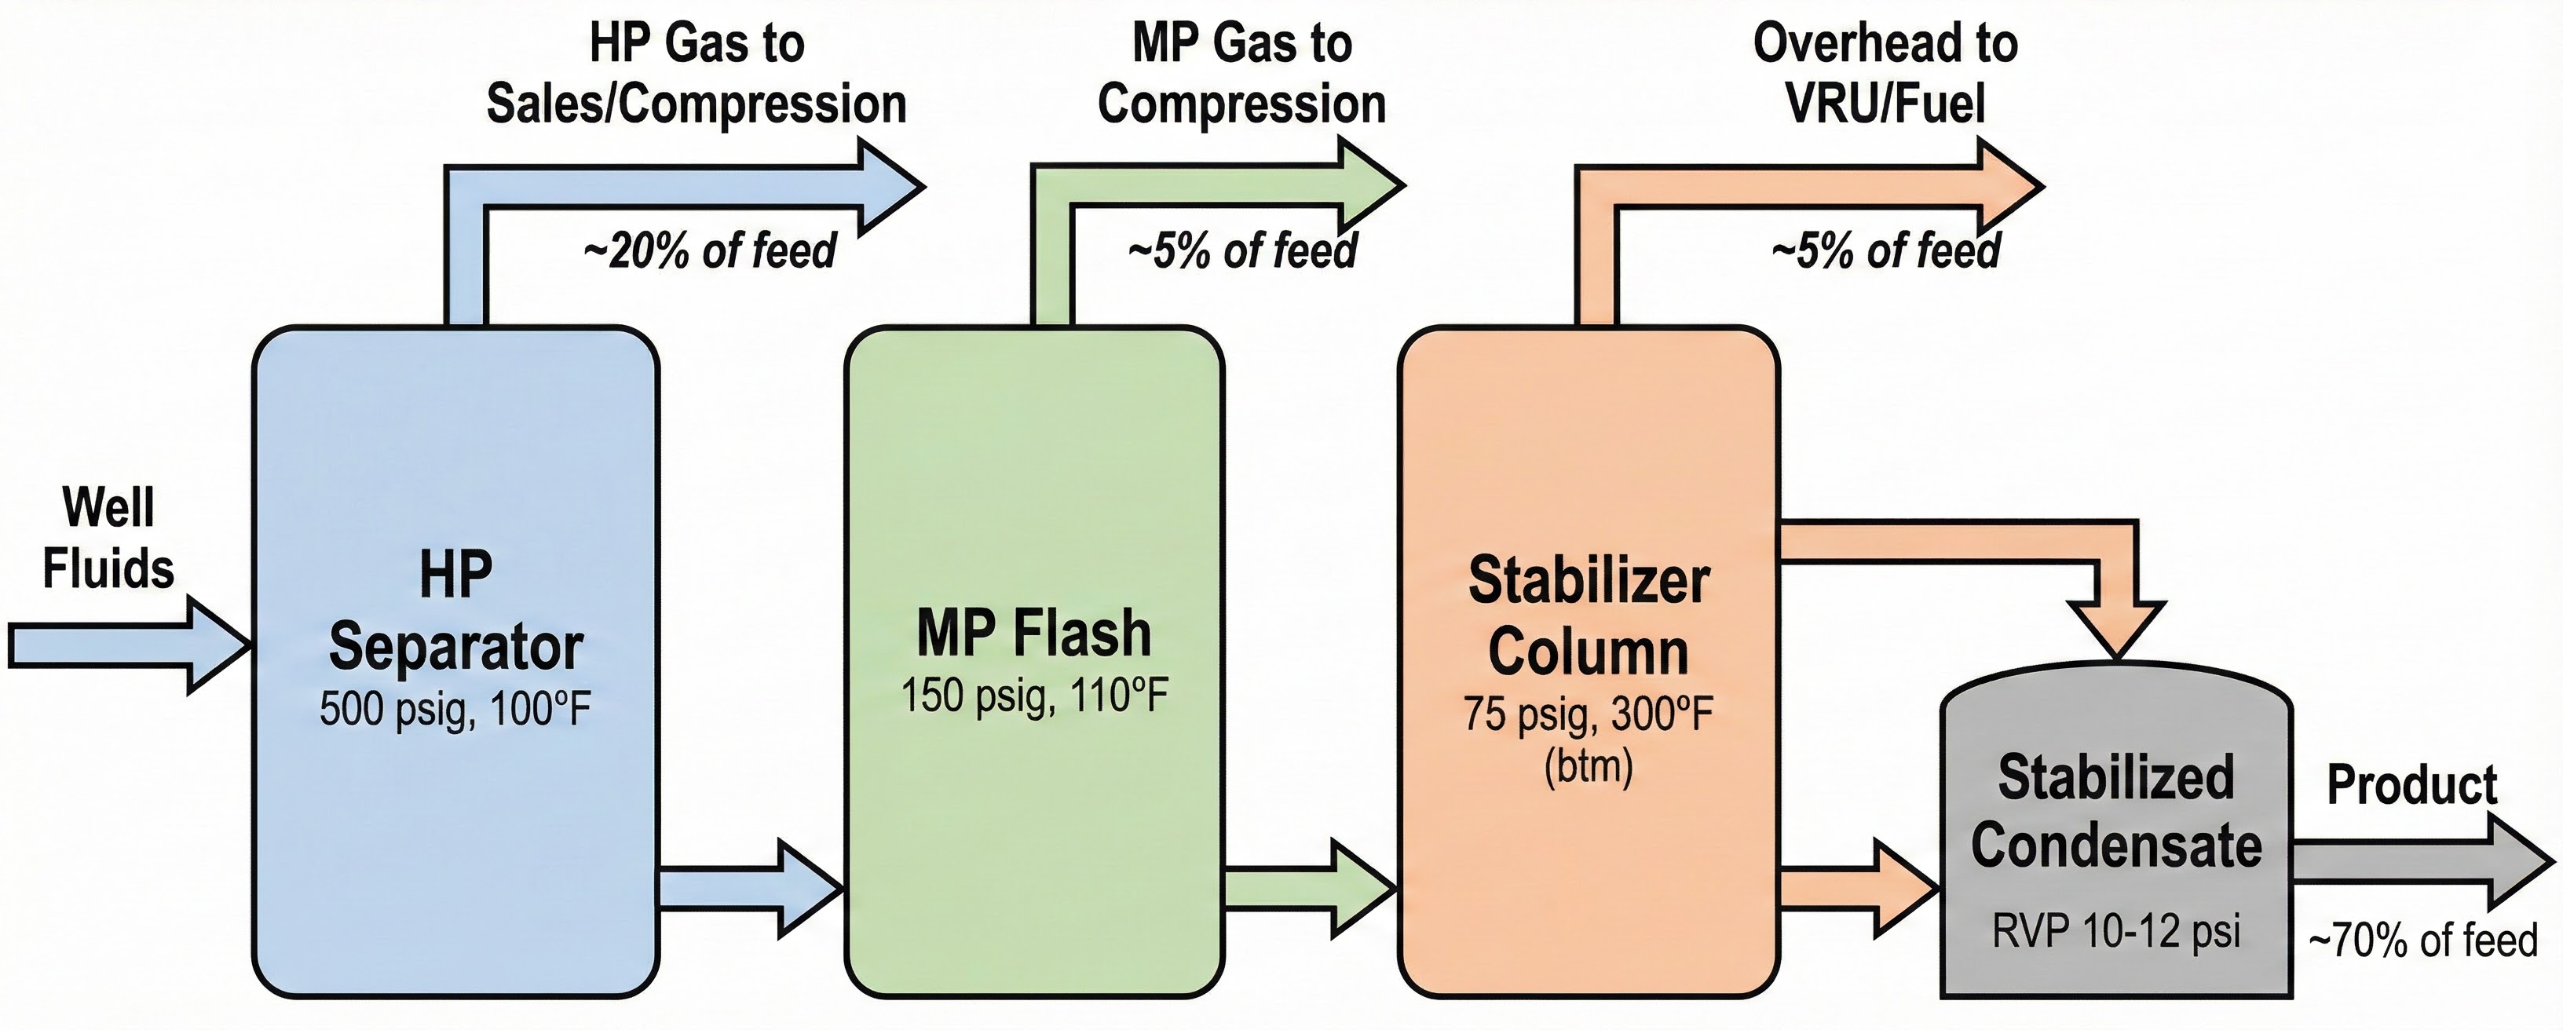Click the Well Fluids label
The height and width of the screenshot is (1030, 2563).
tap(108, 538)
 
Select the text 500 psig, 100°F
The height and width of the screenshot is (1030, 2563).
tap(455, 710)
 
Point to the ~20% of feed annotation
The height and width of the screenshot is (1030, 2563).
tap(709, 250)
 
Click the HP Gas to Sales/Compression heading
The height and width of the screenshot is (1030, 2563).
tap(696, 75)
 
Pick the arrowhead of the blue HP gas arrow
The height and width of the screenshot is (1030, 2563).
tap(889, 186)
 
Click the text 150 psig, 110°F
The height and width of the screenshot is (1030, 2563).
tap(1033, 696)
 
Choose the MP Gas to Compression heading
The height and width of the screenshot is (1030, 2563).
tap(1241, 75)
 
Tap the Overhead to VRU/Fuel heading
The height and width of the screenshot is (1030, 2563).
tap(1885, 75)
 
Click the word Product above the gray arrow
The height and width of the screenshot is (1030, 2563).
tap(2411, 786)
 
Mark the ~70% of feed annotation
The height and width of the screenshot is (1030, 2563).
tap(2422, 941)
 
